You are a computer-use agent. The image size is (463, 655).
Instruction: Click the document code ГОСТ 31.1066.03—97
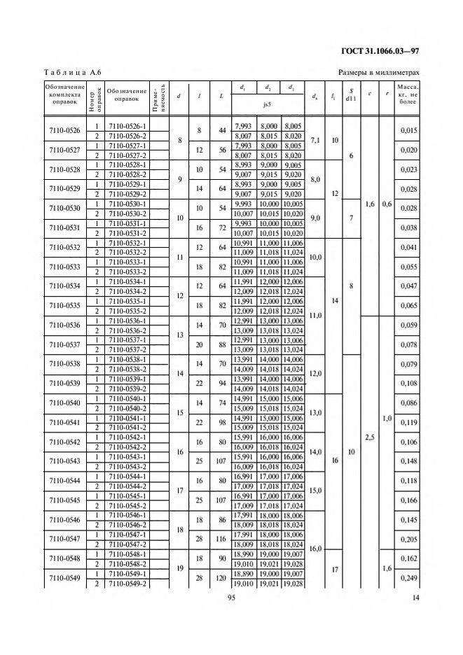pos(380,50)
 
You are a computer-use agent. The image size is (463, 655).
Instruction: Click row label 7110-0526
pos(64,131)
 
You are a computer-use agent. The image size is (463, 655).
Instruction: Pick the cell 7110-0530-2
pos(127,213)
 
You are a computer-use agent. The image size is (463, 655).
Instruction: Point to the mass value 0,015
pos(408,131)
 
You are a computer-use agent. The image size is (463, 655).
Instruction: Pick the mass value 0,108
pos(408,383)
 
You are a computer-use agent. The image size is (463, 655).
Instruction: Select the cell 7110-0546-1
pos(127,514)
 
